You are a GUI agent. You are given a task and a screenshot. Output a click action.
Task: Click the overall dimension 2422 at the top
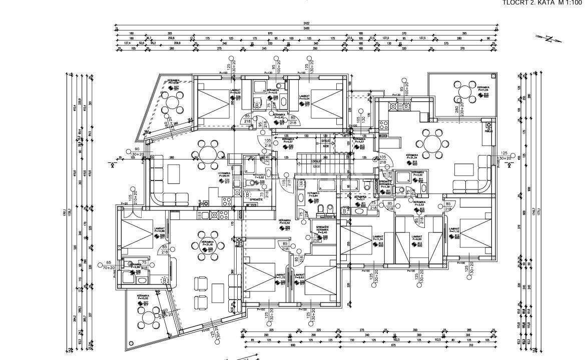306,23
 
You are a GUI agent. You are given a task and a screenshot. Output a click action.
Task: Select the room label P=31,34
411,158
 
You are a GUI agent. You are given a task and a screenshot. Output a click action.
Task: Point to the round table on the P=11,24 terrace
465,91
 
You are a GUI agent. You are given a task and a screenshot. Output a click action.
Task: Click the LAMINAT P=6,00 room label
418,238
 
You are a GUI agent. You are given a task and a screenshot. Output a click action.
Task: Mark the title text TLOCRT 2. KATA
525,2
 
